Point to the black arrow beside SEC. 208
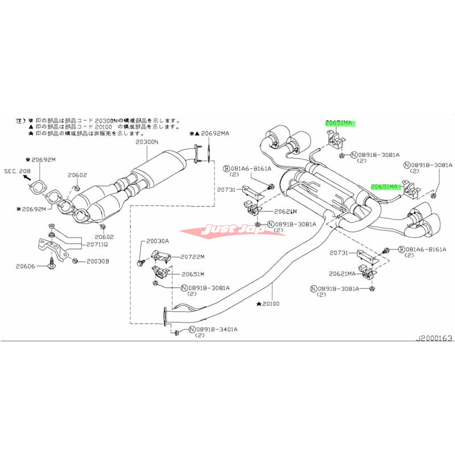(26, 177)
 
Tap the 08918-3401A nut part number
(216, 329)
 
